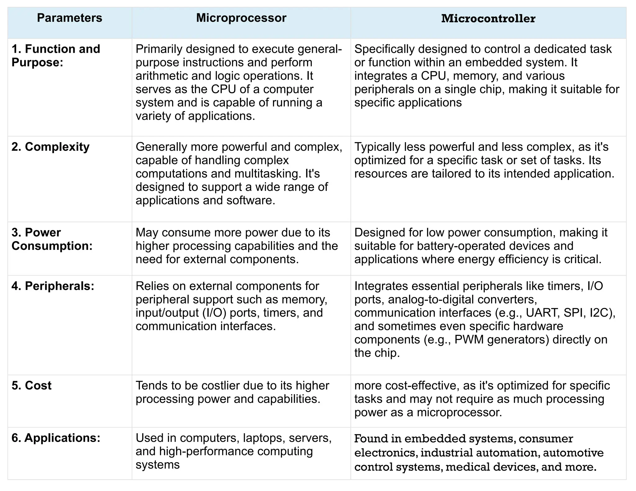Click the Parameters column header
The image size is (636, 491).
point(69,18)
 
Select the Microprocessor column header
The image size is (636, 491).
point(241,18)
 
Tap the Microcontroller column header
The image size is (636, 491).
point(488,19)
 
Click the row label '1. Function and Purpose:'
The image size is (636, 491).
point(56,56)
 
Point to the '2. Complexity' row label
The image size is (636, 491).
point(50,147)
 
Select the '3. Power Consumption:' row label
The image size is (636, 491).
point(52,239)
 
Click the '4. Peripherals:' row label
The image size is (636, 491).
point(53,286)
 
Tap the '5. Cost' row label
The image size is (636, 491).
point(31,385)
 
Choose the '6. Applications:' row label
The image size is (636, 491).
point(56,438)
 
